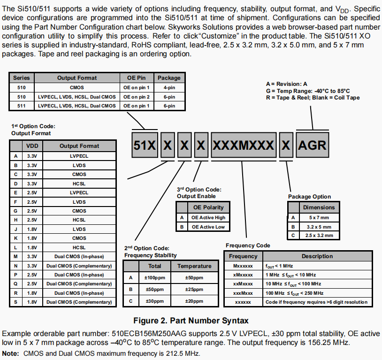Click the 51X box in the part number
click(144, 145)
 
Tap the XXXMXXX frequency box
click(244, 145)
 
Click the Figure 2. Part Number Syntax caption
click(191, 321)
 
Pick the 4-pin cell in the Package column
click(169, 87)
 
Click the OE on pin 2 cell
click(137, 96)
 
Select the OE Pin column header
click(137, 77)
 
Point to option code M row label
click(16, 256)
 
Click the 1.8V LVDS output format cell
click(79, 229)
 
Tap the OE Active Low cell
click(208, 227)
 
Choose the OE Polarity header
click(208, 207)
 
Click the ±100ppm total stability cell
click(154, 277)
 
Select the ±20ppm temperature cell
click(194, 301)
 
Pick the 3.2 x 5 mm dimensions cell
click(319, 226)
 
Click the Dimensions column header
click(319, 207)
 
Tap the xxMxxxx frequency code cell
click(243, 284)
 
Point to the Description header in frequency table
click(317, 256)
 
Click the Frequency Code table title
click(248, 245)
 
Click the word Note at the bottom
click(10, 353)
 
